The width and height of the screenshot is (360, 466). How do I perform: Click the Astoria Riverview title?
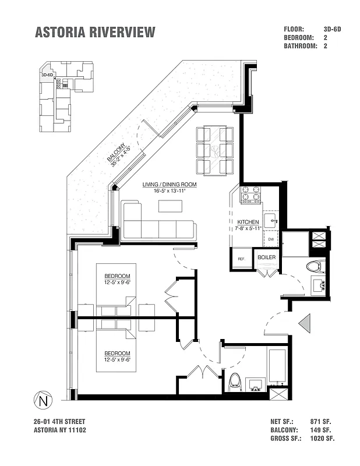point(96,33)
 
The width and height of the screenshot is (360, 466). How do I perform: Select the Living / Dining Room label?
point(170,185)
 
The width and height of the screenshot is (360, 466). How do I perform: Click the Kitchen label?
point(248,222)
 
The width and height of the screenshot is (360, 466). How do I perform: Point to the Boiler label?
point(267,257)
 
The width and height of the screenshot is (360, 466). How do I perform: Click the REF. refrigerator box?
point(241,259)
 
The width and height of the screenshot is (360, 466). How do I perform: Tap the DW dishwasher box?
point(271,239)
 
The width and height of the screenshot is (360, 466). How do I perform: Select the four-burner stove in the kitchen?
point(251,194)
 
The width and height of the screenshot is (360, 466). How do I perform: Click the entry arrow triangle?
point(305,322)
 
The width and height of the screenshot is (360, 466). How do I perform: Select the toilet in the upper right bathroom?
point(314,267)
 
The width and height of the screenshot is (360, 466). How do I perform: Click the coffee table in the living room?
point(170,206)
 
